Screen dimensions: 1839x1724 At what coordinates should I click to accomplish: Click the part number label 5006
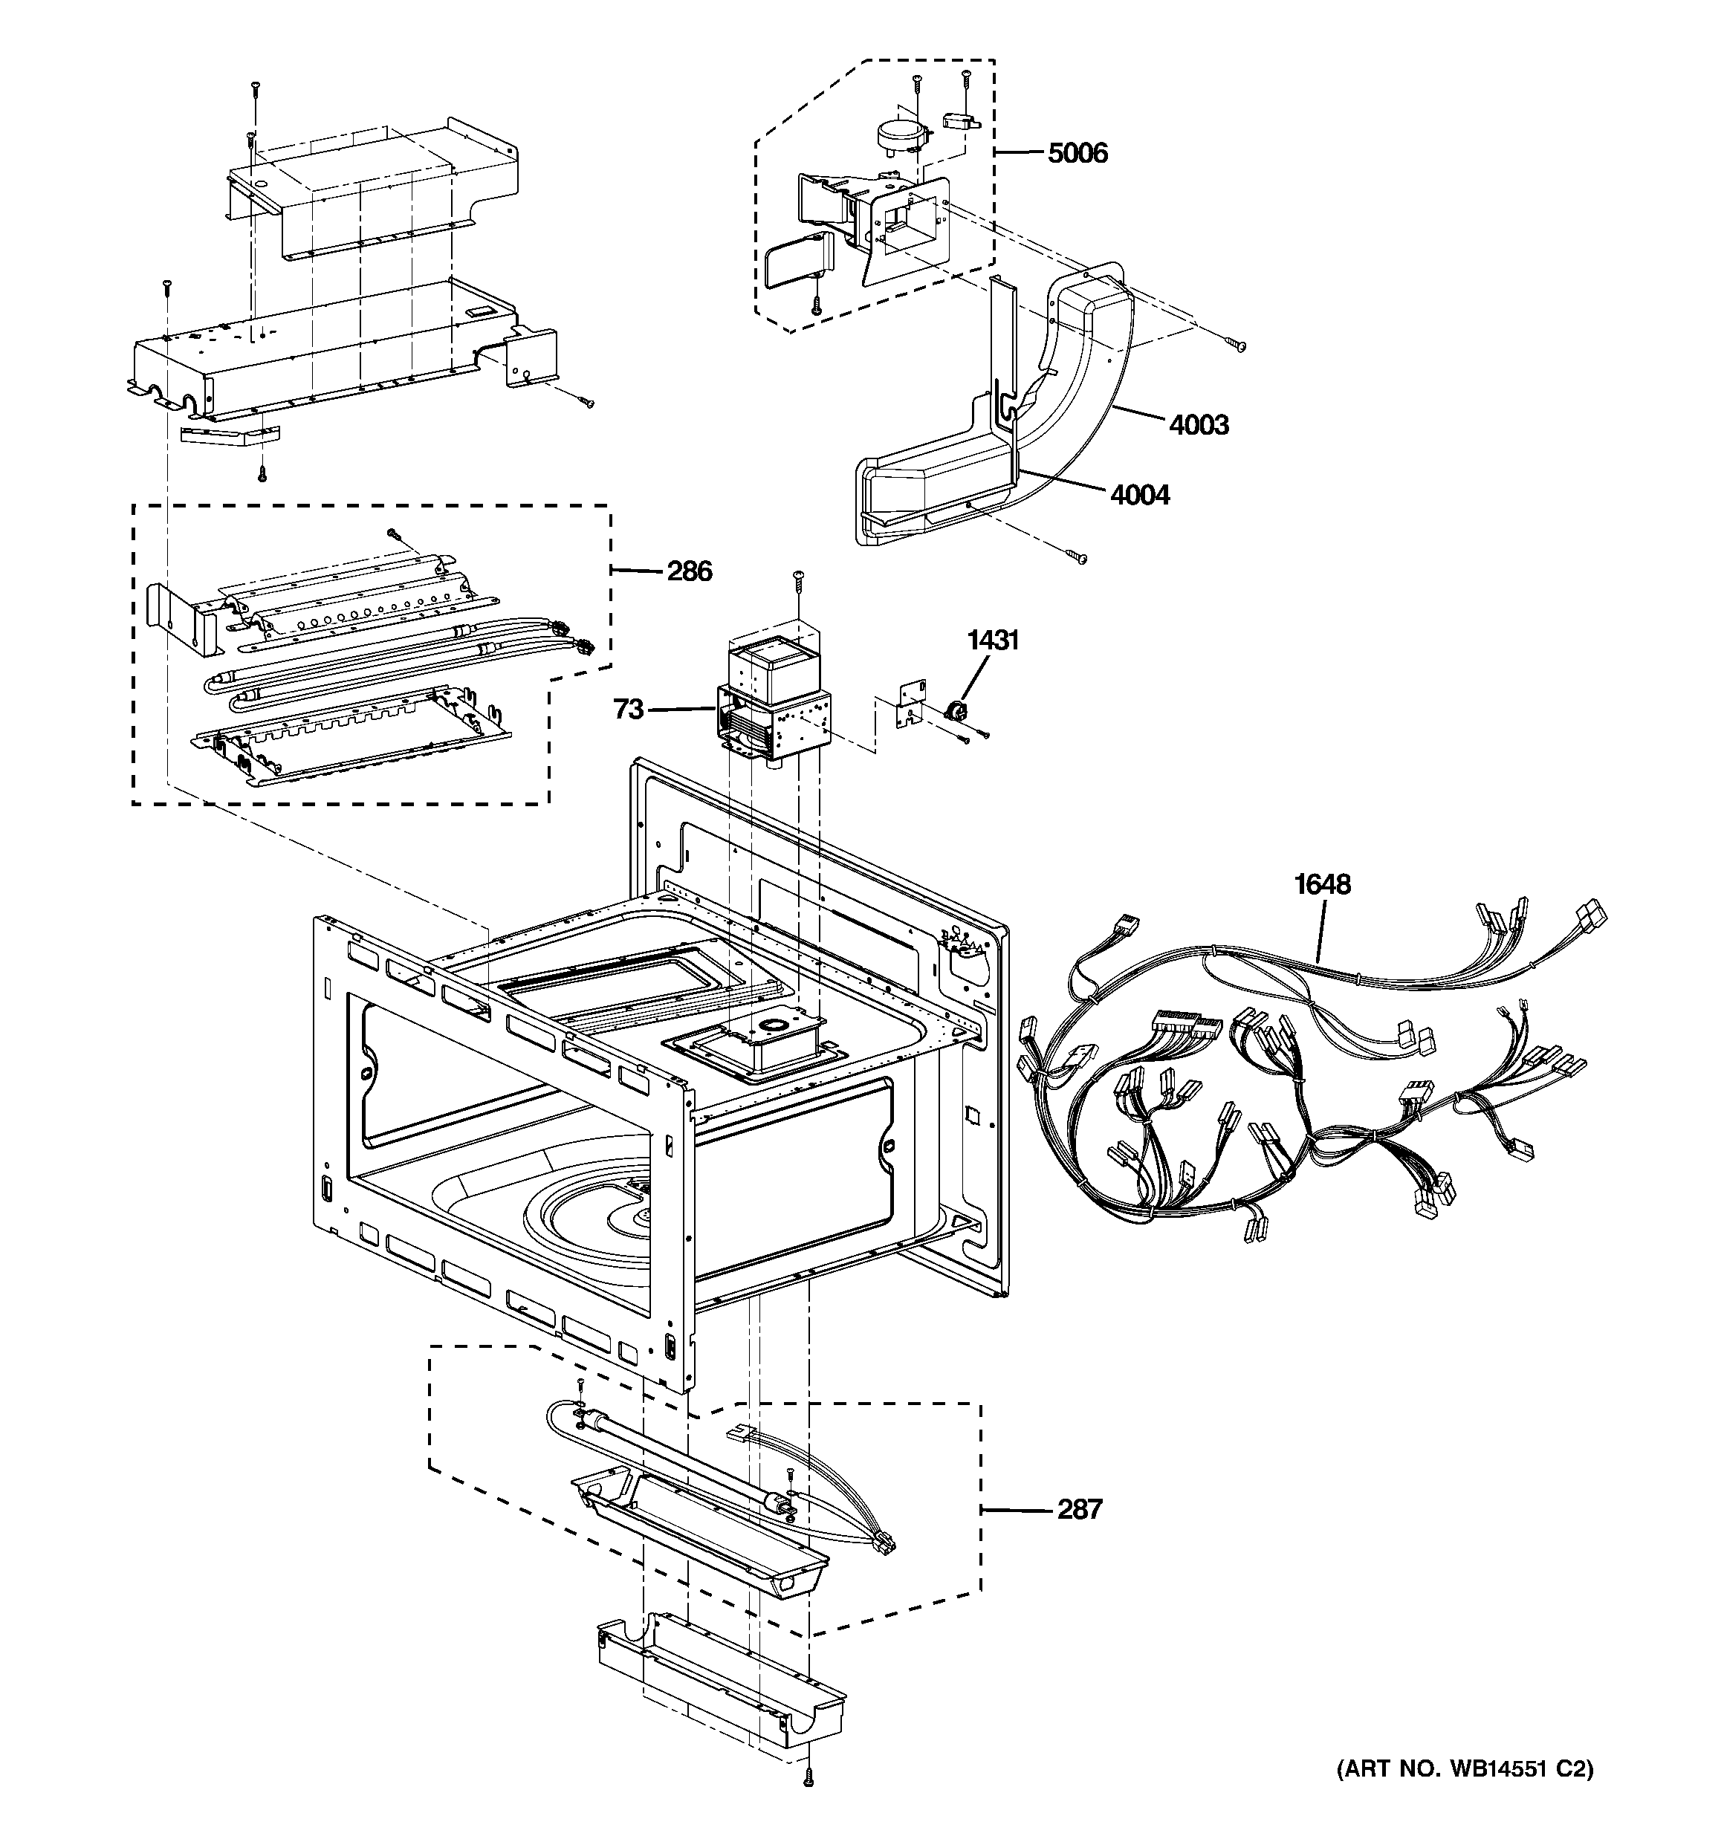tap(1077, 152)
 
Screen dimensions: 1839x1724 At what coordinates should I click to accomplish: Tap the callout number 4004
tap(1139, 495)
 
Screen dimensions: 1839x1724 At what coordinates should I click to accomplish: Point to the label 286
tap(690, 571)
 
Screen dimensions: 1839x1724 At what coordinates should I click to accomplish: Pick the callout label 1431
tap(993, 639)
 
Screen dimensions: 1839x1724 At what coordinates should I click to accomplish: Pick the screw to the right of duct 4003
tap(1237, 345)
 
